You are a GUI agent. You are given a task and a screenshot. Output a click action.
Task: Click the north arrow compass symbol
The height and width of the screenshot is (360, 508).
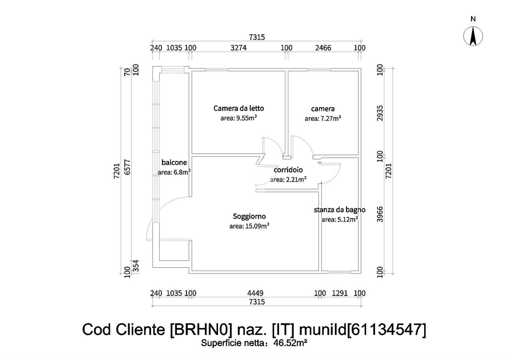[473, 36]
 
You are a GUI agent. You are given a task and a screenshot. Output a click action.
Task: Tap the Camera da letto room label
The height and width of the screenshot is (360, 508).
[238, 108]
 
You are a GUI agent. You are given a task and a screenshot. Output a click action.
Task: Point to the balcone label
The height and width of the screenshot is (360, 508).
[174, 162]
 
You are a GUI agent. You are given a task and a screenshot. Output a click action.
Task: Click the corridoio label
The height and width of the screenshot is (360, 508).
[288, 170]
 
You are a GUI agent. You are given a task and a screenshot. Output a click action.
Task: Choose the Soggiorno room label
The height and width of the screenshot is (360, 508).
[249, 216]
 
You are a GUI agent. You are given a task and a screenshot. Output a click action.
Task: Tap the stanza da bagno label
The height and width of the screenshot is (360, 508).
[340, 210]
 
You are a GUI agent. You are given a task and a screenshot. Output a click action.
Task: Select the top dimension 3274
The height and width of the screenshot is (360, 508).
[238, 48]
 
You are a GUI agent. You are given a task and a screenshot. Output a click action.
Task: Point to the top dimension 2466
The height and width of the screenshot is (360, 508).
[324, 48]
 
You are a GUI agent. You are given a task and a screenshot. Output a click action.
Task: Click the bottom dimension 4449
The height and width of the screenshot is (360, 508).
[256, 293]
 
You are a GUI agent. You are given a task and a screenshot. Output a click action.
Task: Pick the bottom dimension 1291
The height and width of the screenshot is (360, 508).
[340, 293]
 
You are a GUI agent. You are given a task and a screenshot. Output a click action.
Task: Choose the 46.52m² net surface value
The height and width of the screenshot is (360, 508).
[290, 343]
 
